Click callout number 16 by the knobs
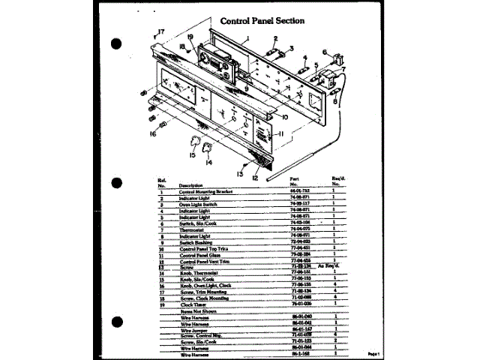pos(152,134)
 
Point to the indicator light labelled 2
pos(272,51)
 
